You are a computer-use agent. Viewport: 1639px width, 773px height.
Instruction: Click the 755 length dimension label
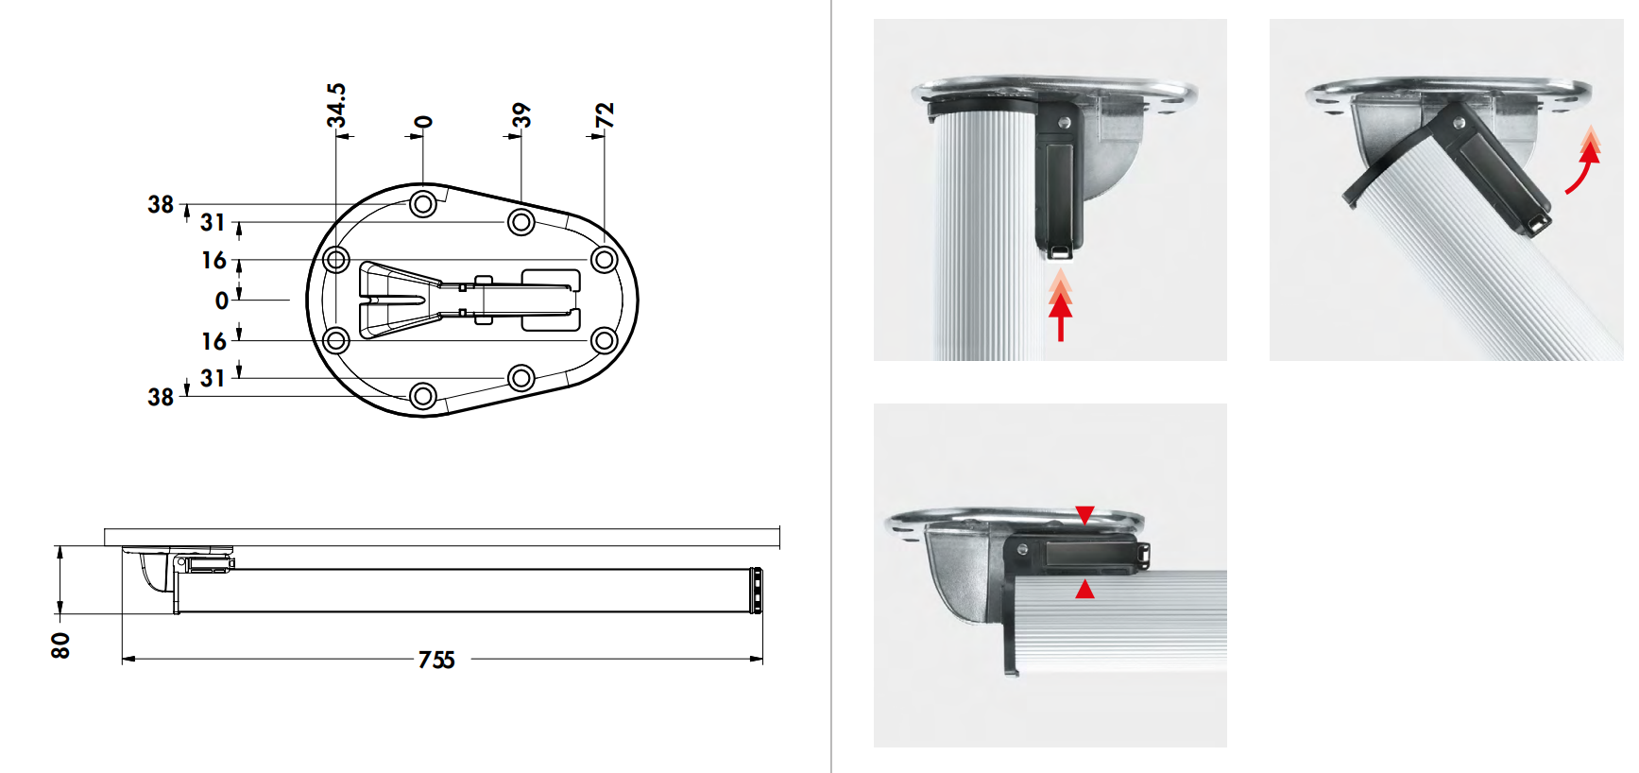436,660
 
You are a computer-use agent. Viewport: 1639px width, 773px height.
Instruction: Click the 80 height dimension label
60,645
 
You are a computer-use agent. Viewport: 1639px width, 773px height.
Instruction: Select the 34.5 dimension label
336,105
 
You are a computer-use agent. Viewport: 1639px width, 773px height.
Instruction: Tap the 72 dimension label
605,115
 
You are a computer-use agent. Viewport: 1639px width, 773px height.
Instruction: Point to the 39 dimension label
521,115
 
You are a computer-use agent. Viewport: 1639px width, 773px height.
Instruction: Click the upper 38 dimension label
161,204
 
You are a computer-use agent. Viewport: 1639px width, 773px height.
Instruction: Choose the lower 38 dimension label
161,397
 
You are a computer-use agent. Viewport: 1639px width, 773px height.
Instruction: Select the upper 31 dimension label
213,222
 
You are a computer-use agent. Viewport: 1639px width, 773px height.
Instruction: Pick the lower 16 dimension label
213,341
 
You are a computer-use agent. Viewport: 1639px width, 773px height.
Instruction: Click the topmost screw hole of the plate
423,203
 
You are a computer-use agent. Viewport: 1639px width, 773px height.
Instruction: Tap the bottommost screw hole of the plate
423,396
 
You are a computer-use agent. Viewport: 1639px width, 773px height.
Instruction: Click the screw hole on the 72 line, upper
604,259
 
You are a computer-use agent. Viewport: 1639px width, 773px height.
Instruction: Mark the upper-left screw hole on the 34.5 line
336,259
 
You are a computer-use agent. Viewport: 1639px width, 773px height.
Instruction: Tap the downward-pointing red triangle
1084,515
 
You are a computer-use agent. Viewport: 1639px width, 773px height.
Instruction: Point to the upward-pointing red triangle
1084,590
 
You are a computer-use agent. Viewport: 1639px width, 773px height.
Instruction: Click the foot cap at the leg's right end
756,591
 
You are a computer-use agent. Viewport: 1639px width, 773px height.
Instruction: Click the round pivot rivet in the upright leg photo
1065,123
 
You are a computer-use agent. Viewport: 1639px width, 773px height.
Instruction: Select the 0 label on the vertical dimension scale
222,301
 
